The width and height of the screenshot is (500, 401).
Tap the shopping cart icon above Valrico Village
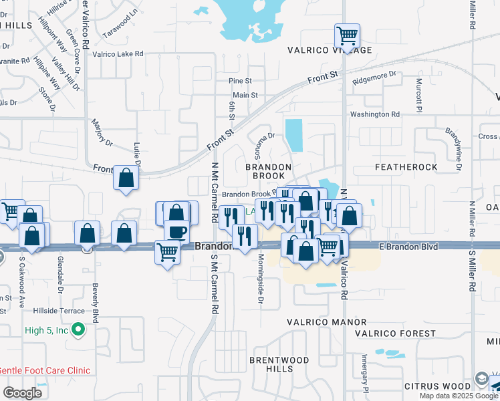tap(347, 35)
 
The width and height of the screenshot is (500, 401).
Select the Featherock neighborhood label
tap(406, 166)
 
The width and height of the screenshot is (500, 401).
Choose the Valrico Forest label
tap(390, 333)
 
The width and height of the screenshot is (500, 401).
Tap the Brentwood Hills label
tap(270, 364)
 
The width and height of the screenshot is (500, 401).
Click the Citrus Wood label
tap(437, 386)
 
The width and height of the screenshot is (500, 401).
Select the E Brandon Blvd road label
tap(409, 247)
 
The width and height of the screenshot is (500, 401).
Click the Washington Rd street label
tap(375, 114)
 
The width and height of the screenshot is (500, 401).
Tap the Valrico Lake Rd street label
tap(118, 53)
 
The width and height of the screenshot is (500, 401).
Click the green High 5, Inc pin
tap(78, 329)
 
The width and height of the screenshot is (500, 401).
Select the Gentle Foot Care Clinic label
tap(45, 370)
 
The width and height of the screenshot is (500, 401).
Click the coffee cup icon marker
tap(176, 232)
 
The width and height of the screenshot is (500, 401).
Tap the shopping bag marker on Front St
tap(126, 178)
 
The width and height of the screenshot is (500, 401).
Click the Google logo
tap(22, 392)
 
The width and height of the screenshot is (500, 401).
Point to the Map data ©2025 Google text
tap(459, 396)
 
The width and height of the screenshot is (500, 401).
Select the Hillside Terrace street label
tap(61, 311)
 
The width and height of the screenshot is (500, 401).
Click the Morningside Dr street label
tap(259, 280)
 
